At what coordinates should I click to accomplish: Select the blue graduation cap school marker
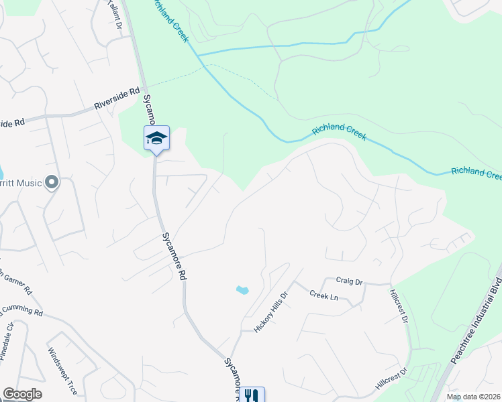pyautogui.click(x=156, y=139)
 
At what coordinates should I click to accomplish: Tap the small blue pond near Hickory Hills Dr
pyautogui.click(x=242, y=290)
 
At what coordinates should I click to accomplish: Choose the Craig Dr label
pyautogui.click(x=349, y=282)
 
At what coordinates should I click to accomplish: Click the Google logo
pyautogui.click(x=22, y=394)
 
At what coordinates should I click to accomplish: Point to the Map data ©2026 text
pyautogui.click(x=473, y=397)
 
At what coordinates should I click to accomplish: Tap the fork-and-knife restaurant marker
pyautogui.click(x=252, y=395)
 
